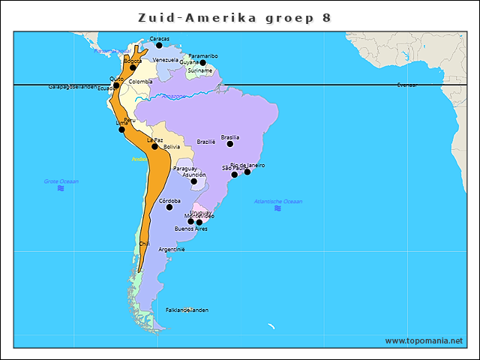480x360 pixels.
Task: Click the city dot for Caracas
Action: (159, 45)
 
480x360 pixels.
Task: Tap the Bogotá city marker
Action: (133, 67)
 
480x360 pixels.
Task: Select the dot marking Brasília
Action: (230, 143)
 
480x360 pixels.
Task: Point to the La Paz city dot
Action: (155, 146)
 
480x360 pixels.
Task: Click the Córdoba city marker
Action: (169, 207)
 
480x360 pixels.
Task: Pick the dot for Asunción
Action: (193, 181)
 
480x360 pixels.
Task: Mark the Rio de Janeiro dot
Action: (247, 172)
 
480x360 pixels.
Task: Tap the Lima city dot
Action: (121, 129)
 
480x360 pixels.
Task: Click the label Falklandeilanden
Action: (187, 310)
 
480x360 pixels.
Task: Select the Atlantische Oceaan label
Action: (278, 201)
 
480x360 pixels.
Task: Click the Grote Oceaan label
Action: (61, 181)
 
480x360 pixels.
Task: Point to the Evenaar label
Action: (407, 85)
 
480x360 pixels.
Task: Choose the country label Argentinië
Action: (172, 249)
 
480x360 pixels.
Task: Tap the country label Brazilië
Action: (206, 141)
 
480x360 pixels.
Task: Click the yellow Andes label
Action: (139, 159)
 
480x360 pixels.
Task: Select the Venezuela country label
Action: (166, 59)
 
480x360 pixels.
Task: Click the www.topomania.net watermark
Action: (424, 340)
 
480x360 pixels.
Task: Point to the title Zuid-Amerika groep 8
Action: (235, 17)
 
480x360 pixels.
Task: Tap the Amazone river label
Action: (174, 96)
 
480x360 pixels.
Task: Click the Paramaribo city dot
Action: (202, 62)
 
